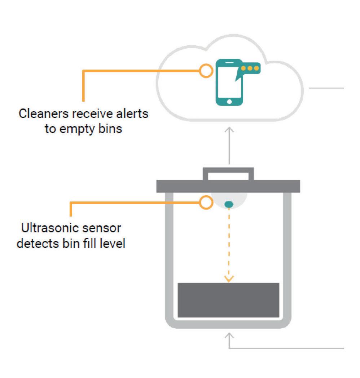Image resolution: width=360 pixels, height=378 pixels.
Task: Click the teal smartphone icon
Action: [228, 83]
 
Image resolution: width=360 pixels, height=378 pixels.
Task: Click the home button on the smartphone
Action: [229, 102]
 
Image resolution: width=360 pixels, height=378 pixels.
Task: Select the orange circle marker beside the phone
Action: [206, 71]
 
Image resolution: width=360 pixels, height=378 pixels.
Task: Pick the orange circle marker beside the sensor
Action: [206, 203]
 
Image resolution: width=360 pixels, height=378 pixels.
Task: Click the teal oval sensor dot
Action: [229, 205]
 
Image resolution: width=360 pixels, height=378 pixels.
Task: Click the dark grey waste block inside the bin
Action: [228, 300]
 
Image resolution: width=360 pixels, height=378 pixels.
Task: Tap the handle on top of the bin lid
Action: [228, 173]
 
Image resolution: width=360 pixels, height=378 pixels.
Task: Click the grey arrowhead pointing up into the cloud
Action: [229, 129]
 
